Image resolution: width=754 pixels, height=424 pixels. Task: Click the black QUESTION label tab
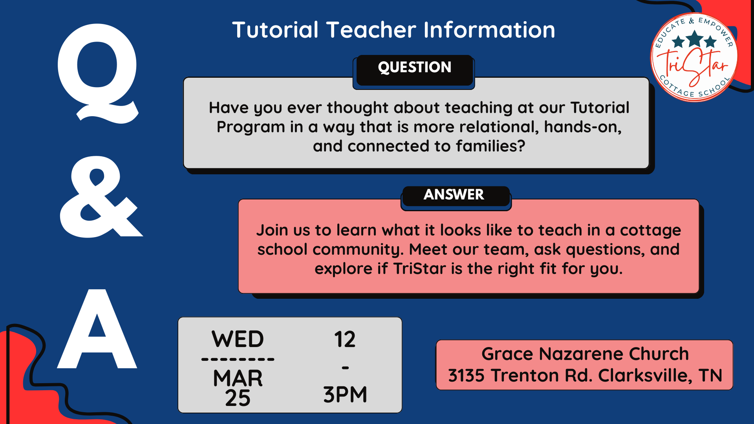[x=414, y=68]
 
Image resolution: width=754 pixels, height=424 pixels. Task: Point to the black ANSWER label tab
[x=454, y=195]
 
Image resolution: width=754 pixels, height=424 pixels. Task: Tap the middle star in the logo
[x=695, y=39]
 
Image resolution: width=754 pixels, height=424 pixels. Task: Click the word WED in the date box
[x=238, y=339]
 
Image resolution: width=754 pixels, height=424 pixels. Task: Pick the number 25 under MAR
[x=238, y=398]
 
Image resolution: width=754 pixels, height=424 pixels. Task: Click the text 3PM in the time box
[x=345, y=395]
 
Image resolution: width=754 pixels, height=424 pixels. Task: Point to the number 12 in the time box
[x=345, y=339]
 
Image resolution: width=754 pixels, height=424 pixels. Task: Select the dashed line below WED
[x=238, y=359]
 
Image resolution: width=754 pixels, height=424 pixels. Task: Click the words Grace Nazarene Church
[x=585, y=354]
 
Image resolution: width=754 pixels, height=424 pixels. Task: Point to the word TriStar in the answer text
[x=419, y=269]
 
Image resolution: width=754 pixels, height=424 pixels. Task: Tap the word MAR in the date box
[x=238, y=378]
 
